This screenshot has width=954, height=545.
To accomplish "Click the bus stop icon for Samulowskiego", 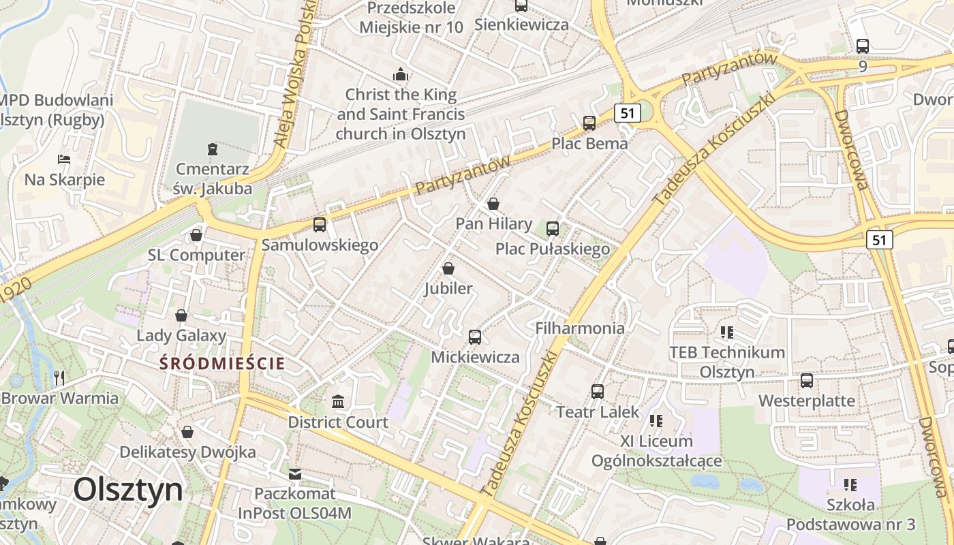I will tap(319, 224).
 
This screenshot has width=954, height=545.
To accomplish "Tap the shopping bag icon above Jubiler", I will tap(448, 268).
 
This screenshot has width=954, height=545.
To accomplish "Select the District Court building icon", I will tap(338, 402).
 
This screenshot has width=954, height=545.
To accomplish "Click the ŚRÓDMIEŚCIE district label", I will tap(222, 363).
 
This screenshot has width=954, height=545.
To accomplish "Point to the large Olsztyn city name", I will tap(128, 489).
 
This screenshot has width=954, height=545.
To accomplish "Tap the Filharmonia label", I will tap(580, 328).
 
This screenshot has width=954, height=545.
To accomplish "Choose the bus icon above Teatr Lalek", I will tap(598, 391).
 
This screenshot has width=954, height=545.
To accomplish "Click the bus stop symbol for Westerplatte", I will tap(807, 380).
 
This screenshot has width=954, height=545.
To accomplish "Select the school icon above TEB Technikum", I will tap(727, 332).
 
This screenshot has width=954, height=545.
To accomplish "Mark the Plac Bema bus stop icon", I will tap(589, 123).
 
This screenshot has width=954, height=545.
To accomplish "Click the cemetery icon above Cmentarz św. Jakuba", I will tap(213, 148).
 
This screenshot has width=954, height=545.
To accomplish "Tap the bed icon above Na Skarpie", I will tap(64, 159).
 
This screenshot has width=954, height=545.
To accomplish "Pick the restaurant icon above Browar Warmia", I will tap(60, 377).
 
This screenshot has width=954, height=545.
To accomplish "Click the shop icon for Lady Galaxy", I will tap(181, 315).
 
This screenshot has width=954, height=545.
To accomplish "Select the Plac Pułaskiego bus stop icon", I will tap(553, 228).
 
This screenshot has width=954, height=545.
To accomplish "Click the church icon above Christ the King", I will tap(401, 74).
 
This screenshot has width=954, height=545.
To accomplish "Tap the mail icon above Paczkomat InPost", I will tap(295, 473).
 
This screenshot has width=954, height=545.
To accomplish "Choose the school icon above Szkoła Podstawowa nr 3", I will tap(850, 484).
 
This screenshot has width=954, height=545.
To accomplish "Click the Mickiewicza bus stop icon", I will tap(475, 337).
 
